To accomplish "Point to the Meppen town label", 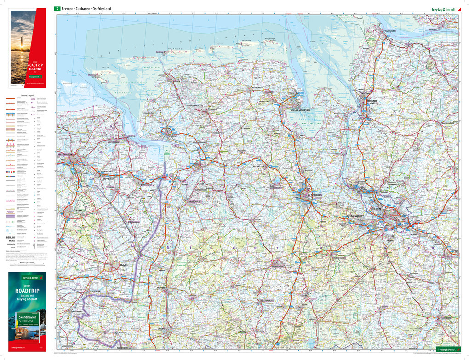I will coord(161,287).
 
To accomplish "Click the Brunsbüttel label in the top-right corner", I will coord(434,29).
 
